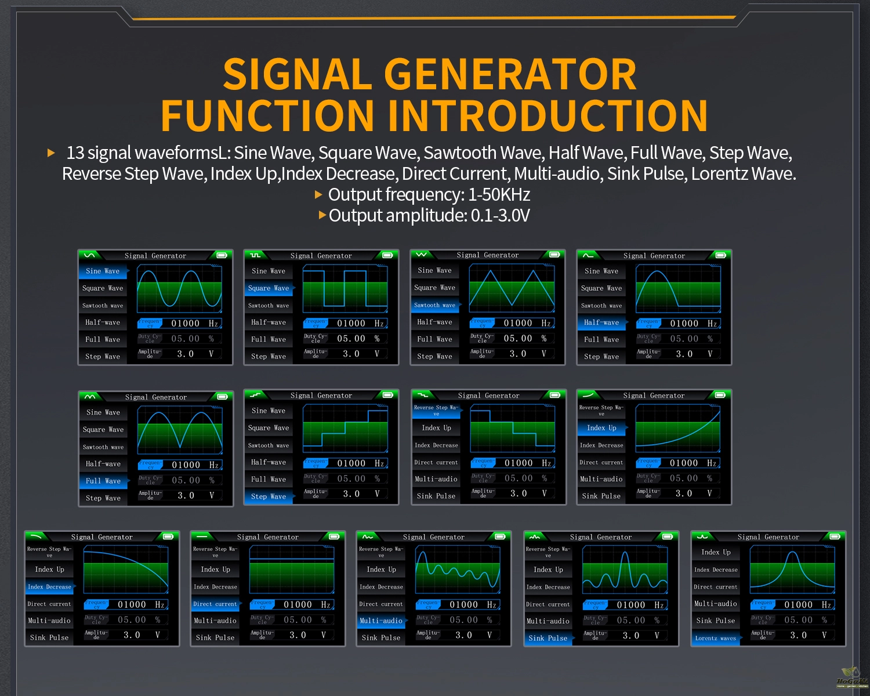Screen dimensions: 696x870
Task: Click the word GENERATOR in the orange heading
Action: (x=510, y=74)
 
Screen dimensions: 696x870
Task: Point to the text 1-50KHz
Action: (x=498, y=195)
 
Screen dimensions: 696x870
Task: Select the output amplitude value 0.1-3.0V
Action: (x=500, y=216)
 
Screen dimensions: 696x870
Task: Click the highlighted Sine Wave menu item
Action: (x=103, y=271)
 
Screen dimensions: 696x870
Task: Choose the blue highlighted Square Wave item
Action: (x=269, y=288)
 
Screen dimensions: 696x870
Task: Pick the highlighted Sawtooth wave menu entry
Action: (x=434, y=305)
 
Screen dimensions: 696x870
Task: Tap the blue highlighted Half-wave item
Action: (x=601, y=322)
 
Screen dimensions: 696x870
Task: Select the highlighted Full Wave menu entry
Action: (x=103, y=481)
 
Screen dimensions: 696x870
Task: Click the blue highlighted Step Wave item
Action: (x=269, y=496)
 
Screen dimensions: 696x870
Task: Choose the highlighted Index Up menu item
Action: (x=601, y=428)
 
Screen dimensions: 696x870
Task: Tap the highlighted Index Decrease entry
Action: (x=49, y=587)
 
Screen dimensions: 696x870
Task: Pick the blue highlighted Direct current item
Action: (x=215, y=604)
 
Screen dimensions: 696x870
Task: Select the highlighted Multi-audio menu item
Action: (x=381, y=621)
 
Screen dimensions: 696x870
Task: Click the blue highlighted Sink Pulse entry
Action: (x=548, y=638)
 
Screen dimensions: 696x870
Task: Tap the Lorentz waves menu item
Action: (x=716, y=638)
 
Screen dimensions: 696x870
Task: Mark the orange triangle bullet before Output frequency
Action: (x=318, y=195)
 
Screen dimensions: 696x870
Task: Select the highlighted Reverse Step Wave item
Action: (x=436, y=411)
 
